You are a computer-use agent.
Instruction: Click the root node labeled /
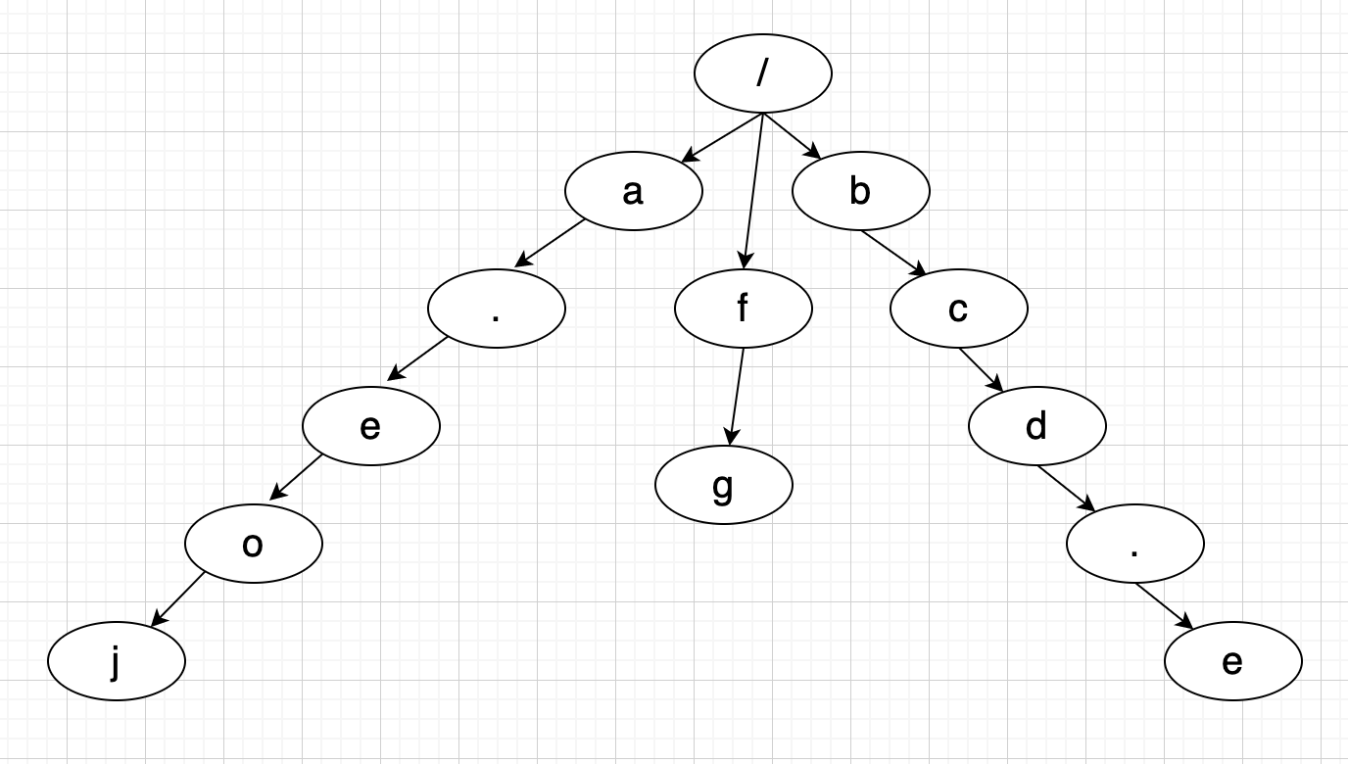pyautogui.click(x=762, y=73)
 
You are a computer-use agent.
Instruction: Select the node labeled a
pyautogui.click(x=633, y=191)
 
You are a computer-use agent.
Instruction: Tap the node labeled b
pyautogui.click(x=860, y=191)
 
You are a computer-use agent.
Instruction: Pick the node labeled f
pyautogui.click(x=743, y=309)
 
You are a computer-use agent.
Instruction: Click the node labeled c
pyautogui.click(x=958, y=309)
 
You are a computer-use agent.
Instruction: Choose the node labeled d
pyautogui.click(x=1036, y=426)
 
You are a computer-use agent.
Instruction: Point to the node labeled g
pyautogui.click(x=723, y=485)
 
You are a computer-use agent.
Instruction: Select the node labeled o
pyautogui.click(x=253, y=544)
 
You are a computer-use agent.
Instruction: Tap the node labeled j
pyautogui.click(x=116, y=661)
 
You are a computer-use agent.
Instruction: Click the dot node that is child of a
pyautogui.click(x=496, y=309)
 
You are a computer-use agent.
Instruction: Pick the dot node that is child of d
pyautogui.click(x=1134, y=544)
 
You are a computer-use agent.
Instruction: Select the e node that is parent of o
pyautogui.click(x=370, y=426)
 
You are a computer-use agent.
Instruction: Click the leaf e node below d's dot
pyautogui.click(x=1232, y=661)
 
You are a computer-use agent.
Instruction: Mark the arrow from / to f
pyautogui.click(x=753, y=191)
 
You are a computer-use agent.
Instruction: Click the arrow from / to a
pyautogui.click(x=722, y=137)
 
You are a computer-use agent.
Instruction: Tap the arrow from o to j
pyautogui.click(x=179, y=597)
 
